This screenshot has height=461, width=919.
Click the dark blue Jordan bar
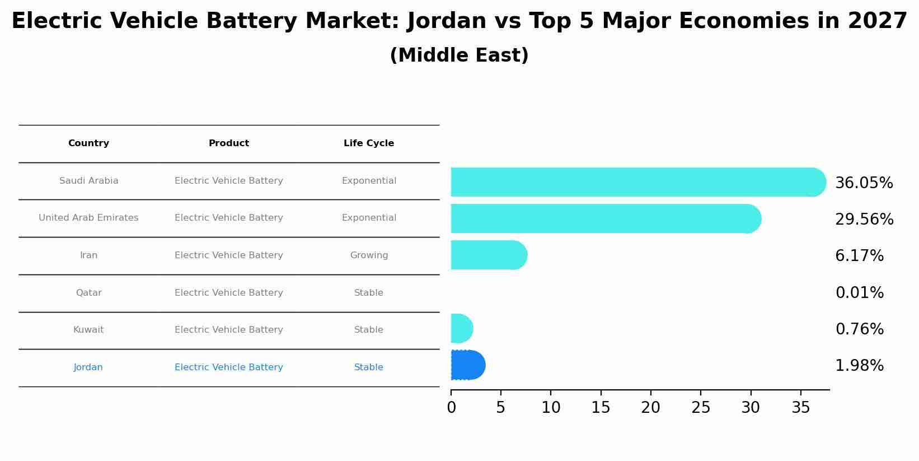[x=468, y=365]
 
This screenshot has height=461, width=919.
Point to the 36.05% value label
[x=864, y=183]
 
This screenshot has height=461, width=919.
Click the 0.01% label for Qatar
[x=859, y=293]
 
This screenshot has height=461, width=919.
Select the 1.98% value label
[x=859, y=366]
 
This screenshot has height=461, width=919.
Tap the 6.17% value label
[x=859, y=256]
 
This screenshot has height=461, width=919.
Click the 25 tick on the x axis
[x=701, y=408]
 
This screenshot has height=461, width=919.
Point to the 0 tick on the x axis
[x=451, y=408]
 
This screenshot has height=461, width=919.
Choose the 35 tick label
[x=801, y=408]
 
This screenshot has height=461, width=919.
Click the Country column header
[x=88, y=143]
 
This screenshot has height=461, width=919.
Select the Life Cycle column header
[x=369, y=143]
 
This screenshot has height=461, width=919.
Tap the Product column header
[x=229, y=143]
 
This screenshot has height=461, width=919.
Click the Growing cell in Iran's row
[x=369, y=255]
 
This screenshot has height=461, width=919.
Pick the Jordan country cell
[x=88, y=367]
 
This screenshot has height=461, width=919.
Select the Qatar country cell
[x=88, y=293]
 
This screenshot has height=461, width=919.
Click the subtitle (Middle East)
[x=459, y=55]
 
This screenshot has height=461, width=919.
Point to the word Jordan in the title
[x=447, y=21]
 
